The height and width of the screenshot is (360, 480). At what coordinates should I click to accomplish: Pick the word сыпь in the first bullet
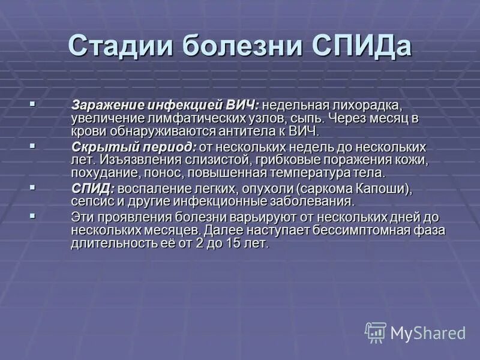[311, 118]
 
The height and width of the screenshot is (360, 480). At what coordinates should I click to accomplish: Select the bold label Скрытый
[95, 147]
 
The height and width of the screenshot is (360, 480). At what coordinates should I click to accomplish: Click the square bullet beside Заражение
[32, 104]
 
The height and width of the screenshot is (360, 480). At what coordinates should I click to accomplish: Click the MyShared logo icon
[376, 332]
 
